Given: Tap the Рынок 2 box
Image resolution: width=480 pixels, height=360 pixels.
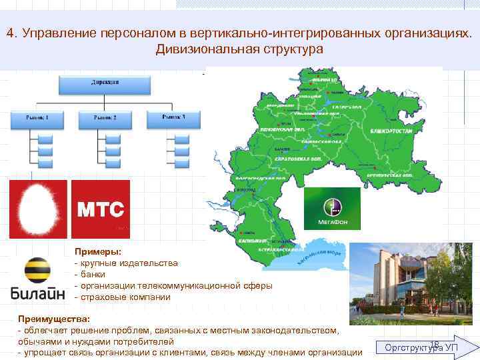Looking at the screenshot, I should point(105,119).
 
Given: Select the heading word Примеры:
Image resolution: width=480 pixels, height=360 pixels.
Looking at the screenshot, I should point(97,253).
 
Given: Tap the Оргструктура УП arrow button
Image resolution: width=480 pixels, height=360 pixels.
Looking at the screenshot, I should point(427,347).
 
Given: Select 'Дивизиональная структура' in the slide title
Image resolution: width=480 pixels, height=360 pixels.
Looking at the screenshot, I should point(239,49).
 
